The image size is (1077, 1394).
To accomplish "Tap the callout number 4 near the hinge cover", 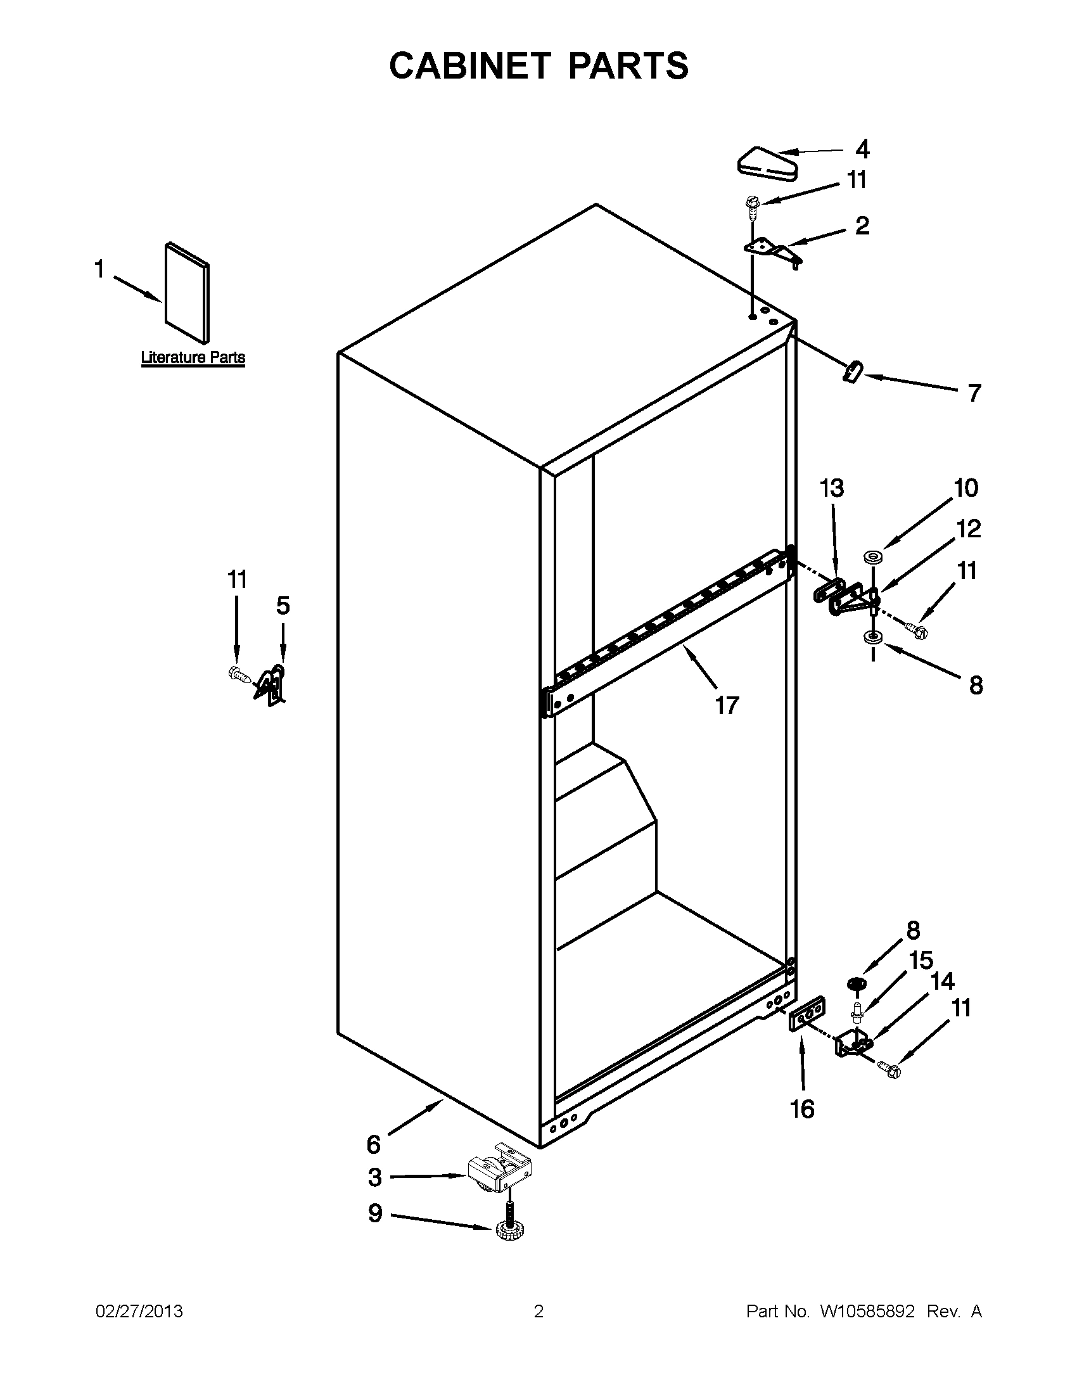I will click(862, 150).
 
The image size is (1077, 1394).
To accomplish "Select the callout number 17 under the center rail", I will click(727, 705).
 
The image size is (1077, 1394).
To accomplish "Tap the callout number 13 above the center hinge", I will click(831, 489).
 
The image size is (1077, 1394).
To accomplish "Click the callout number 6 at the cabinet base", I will click(374, 1144).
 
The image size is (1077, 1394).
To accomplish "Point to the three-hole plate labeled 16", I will click(807, 1016).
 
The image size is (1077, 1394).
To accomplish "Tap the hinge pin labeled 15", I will click(857, 1012).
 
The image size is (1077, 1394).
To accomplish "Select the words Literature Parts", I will click(193, 357).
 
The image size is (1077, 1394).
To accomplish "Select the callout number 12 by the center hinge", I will click(968, 528).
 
